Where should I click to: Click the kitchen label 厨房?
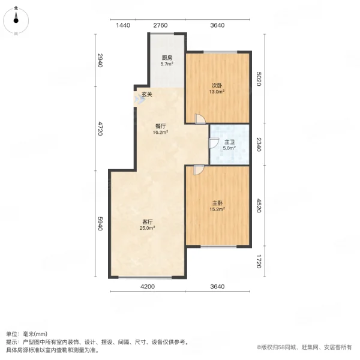(167, 58)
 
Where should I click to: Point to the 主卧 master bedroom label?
(217, 203)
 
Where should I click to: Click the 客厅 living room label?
(148, 221)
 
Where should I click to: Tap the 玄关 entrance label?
(147, 94)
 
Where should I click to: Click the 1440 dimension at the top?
(123, 25)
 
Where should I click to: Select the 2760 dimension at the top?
(160, 25)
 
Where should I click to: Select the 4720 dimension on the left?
(100, 128)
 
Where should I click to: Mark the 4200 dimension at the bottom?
(148, 287)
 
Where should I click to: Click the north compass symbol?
(16, 22)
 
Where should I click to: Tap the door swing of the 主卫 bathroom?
(213, 143)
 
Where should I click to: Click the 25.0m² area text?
(148, 228)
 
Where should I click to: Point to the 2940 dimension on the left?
(100, 60)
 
